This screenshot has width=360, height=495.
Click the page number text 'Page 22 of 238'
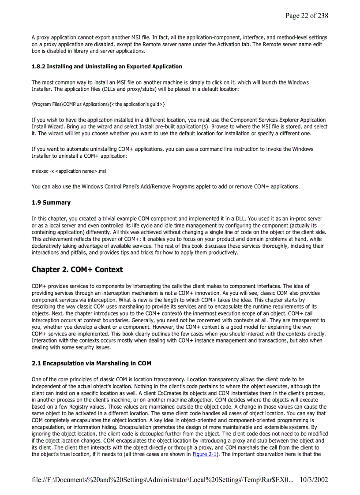point(307,16)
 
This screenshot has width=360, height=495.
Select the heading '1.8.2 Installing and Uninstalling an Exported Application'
point(107,67)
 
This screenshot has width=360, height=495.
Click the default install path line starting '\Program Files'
point(98,104)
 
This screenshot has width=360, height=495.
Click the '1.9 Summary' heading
point(51,203)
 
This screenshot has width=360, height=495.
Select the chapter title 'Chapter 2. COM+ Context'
point(77,269)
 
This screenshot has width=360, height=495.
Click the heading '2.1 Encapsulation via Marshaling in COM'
point(91,364)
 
